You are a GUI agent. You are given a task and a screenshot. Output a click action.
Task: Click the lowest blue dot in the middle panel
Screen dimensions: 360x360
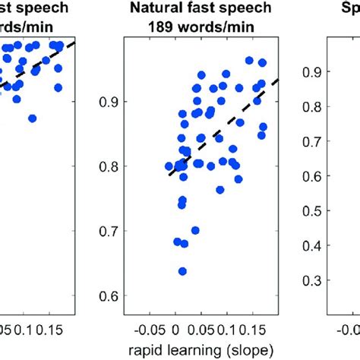tap(182, 271)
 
